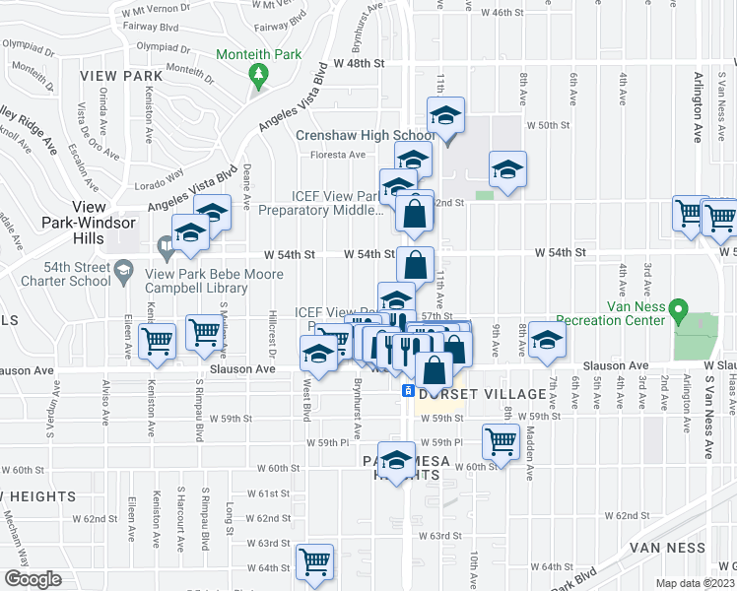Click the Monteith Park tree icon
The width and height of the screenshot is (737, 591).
click(259, 75)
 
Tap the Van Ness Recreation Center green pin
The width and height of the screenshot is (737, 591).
click(678, 311)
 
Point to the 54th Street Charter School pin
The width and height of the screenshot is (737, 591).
click(124, 269)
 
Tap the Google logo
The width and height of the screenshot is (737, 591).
click(33, 579)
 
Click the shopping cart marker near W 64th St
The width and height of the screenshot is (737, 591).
click(315, 561)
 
